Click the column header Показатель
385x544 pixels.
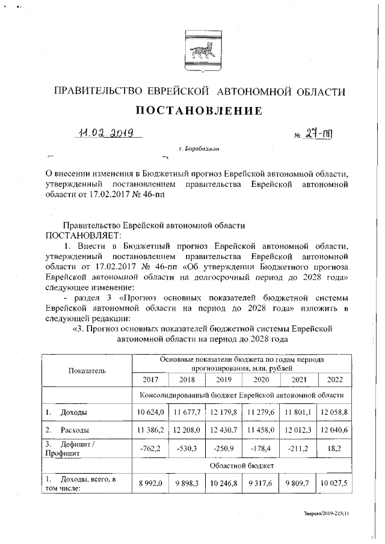[x=87, y=370]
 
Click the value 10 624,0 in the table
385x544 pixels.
[x=150, y=412]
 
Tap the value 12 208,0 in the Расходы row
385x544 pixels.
[x=187, y=430]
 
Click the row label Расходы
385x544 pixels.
[x=75, y=430]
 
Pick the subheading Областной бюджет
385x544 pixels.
[x=242, y=465]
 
